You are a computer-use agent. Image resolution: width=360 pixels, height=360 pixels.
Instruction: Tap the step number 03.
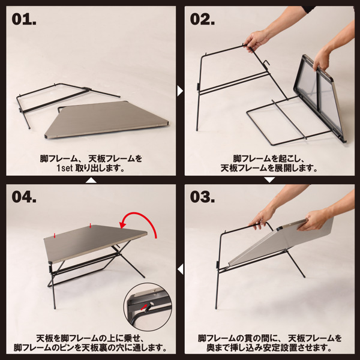203,197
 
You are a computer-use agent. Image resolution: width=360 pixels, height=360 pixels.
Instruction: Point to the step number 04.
25,197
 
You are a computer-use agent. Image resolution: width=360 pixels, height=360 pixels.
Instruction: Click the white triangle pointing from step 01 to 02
180,91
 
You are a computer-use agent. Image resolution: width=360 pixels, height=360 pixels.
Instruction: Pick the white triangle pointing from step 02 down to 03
269,179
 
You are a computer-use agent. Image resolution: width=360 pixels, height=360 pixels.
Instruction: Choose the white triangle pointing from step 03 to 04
180,269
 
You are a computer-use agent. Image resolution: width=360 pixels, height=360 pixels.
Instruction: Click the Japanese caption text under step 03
269,343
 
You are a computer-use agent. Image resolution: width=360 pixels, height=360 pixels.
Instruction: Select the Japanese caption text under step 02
269,164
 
